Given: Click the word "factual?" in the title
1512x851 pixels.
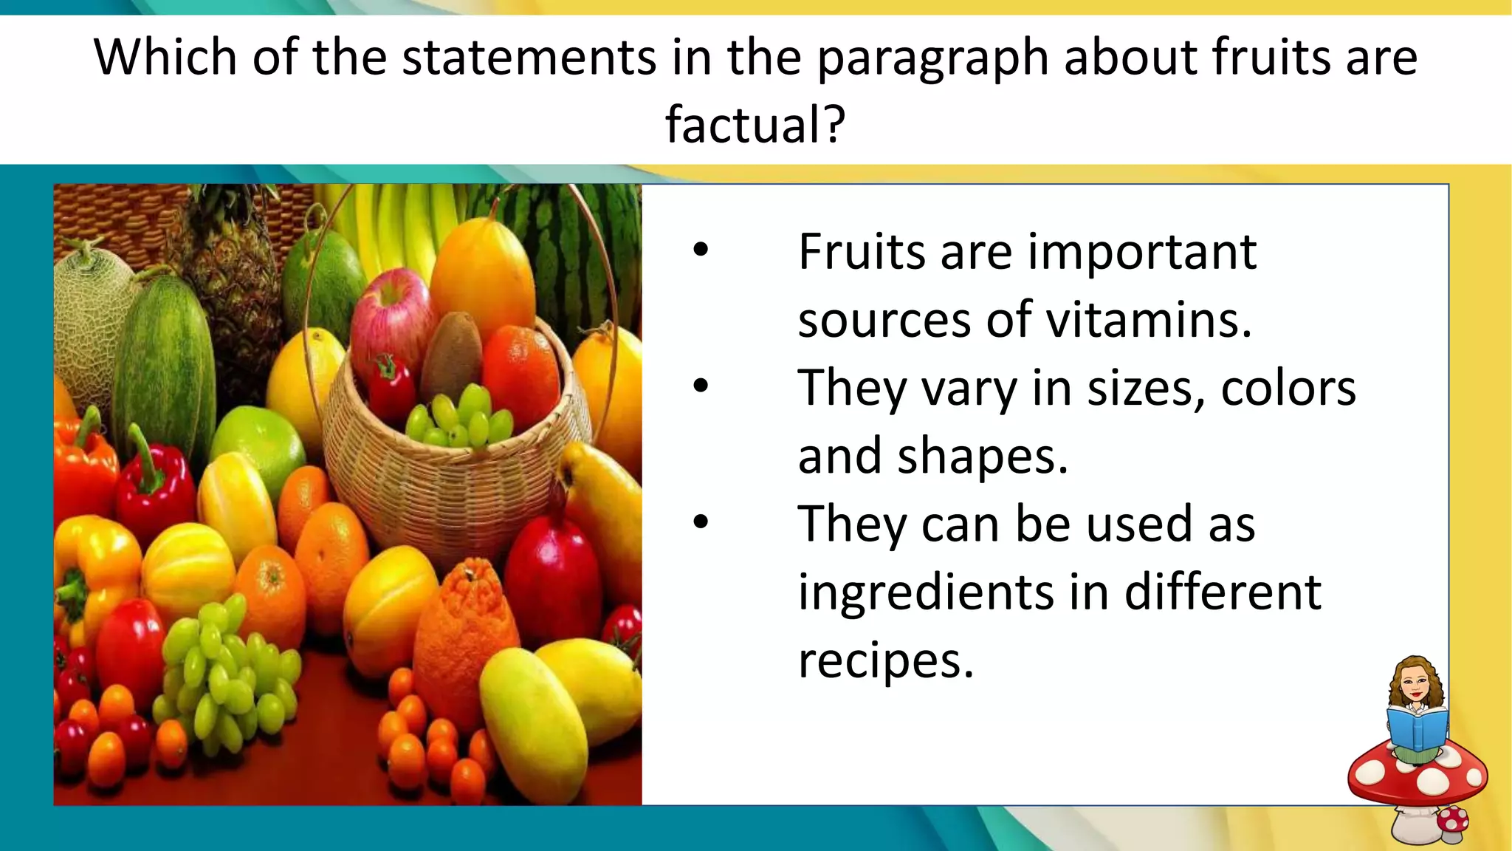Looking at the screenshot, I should tap(755, 125).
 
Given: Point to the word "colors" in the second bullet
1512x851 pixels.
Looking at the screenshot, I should tap(1288, 388).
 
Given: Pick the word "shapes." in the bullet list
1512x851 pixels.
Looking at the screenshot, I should tap(983, 456).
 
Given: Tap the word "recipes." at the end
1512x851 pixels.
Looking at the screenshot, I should tap(886, 660).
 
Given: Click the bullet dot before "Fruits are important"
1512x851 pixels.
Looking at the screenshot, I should tap(701, 250).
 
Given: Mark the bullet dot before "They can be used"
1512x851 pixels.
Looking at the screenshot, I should tap(701, 522).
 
